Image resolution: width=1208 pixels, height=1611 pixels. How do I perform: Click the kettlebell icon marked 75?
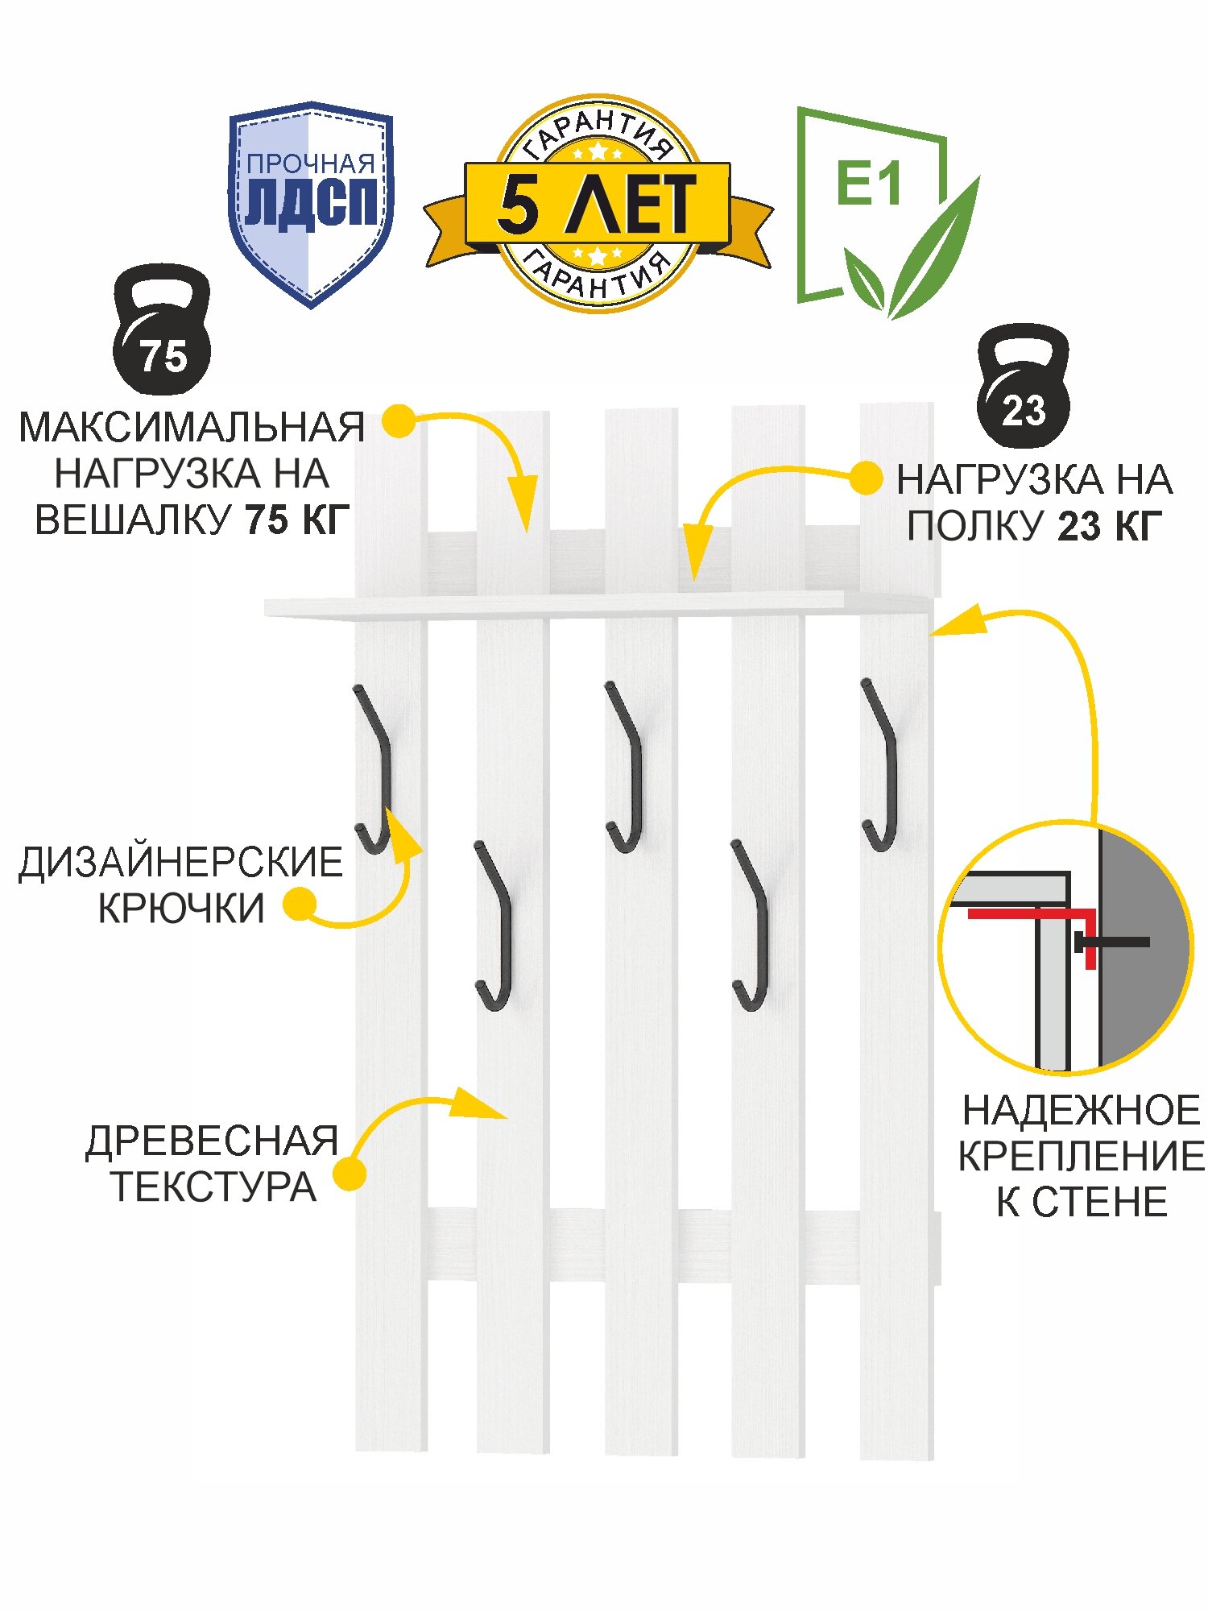162,333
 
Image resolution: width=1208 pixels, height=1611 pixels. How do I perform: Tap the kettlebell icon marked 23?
1023,387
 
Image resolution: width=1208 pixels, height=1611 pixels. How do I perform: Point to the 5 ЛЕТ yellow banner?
597,204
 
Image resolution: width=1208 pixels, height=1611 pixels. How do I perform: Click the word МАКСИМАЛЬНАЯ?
192,428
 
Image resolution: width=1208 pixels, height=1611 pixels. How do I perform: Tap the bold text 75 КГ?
297,520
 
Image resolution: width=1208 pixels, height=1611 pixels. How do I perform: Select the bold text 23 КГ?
1110,527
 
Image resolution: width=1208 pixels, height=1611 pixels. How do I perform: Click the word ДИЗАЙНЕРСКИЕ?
180,863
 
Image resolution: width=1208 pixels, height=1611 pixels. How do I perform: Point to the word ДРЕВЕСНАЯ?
212,1141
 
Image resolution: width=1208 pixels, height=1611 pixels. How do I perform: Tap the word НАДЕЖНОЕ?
1081,1111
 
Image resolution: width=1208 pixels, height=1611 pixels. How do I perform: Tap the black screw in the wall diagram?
1115,942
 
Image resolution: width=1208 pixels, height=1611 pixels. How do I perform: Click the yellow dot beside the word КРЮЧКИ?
300,905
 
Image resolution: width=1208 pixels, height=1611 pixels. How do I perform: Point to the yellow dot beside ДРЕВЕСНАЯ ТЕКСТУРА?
350,1174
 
